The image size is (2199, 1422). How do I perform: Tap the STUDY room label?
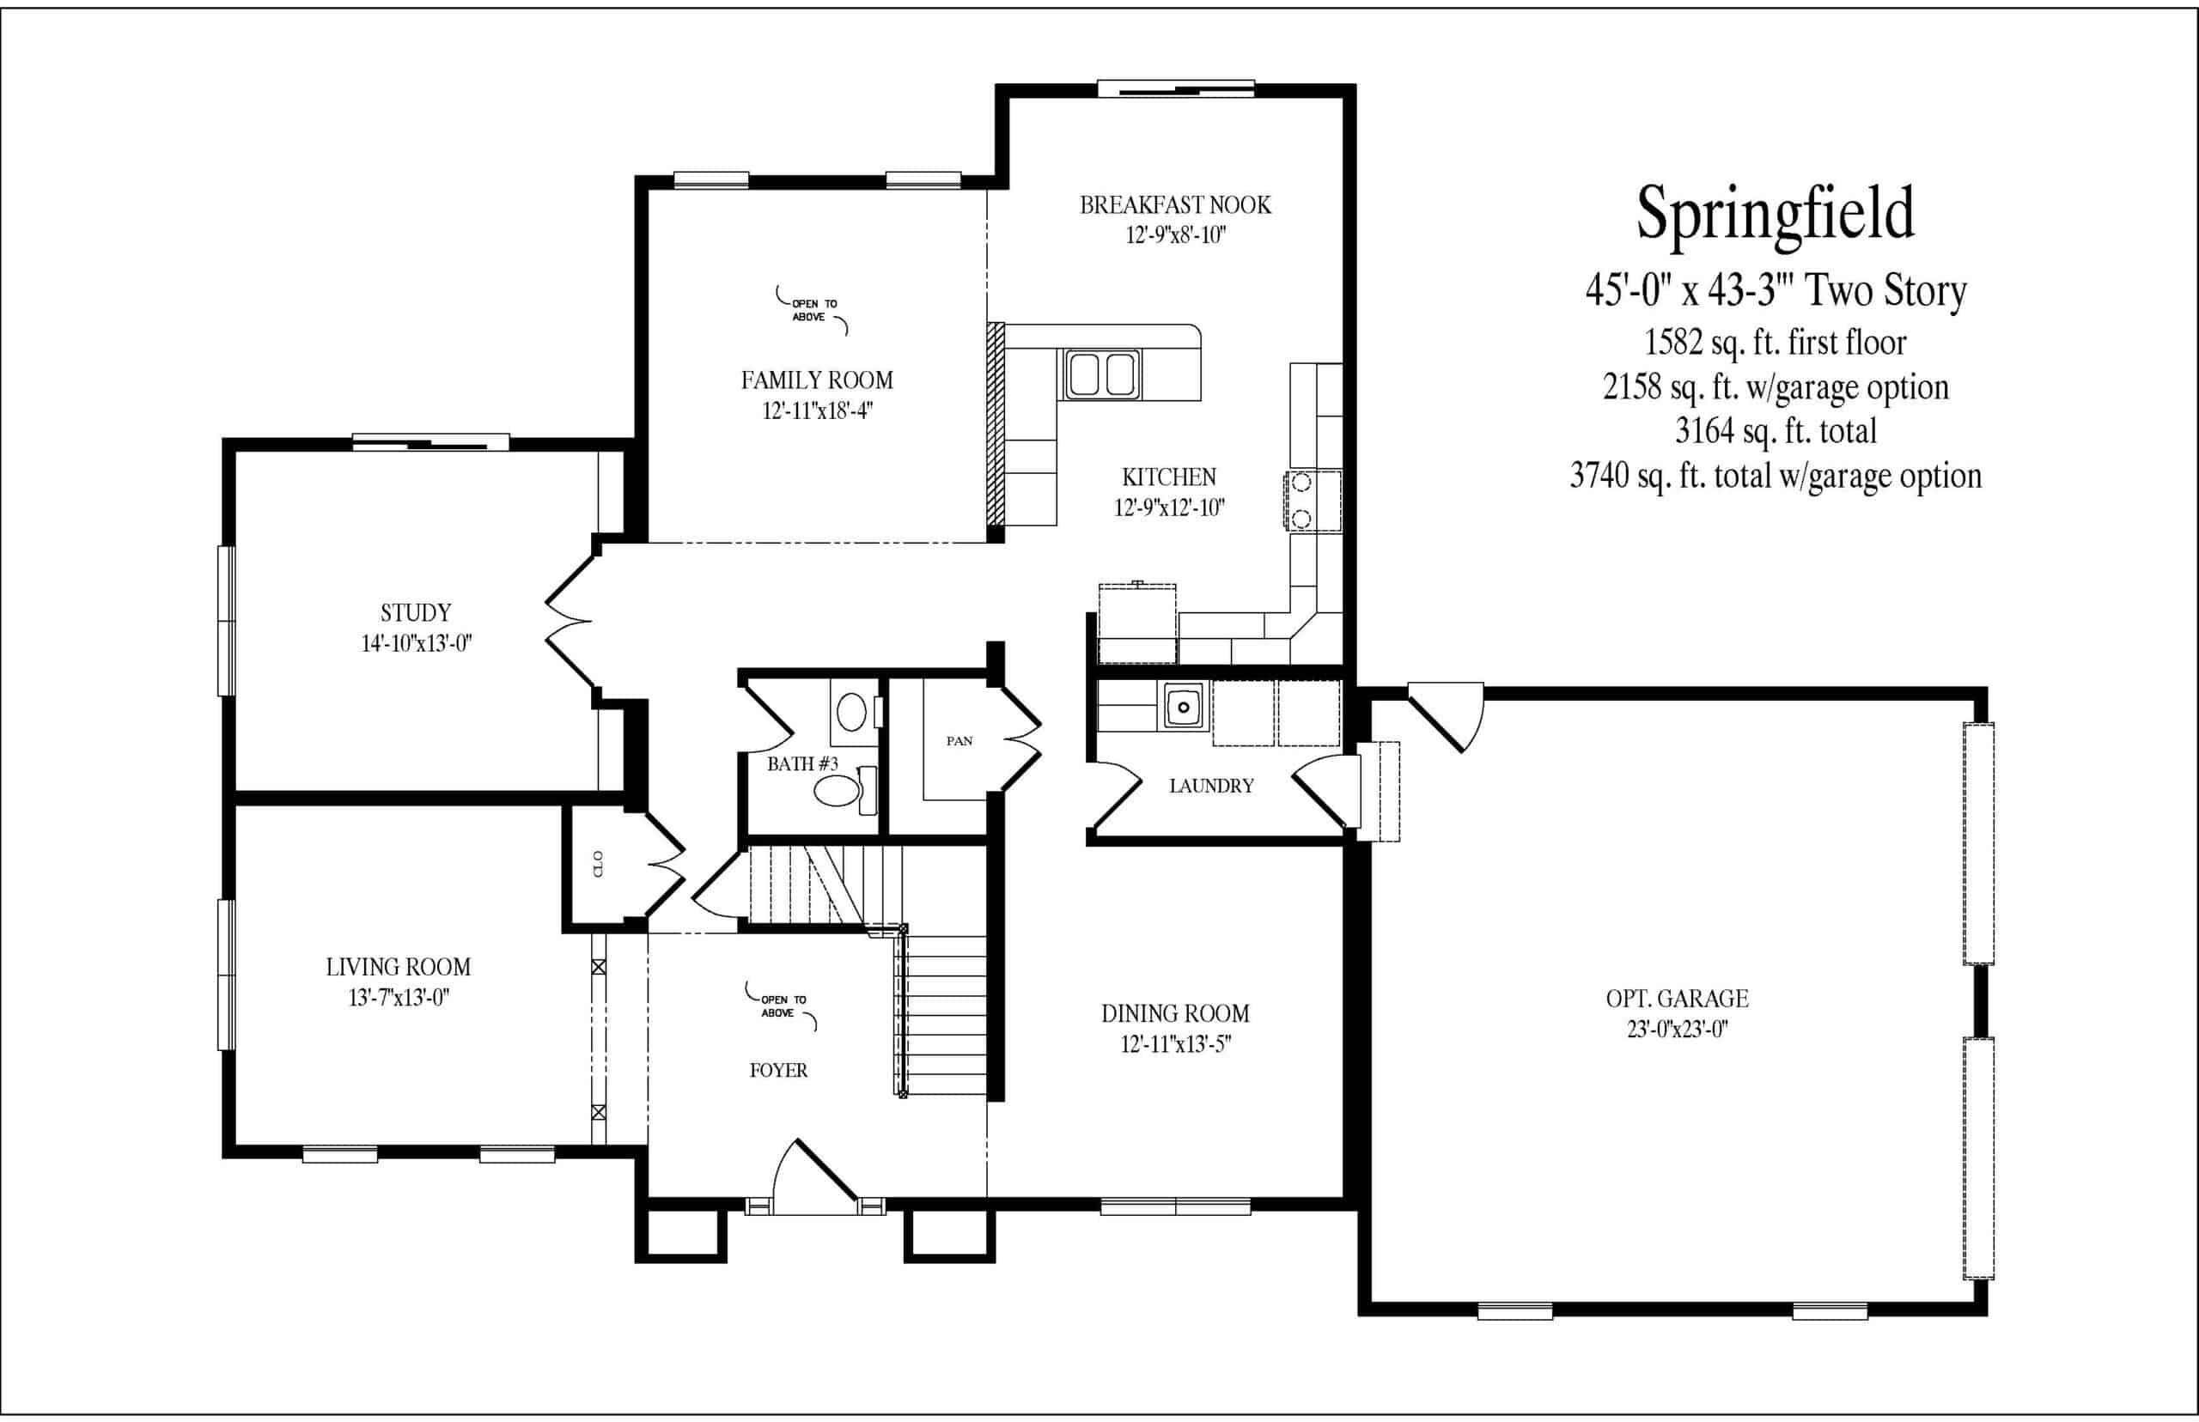(416, 613)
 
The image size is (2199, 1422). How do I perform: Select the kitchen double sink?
(1103, 374)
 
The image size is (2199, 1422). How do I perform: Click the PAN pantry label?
(959, 740)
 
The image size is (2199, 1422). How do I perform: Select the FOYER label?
(778, 1070)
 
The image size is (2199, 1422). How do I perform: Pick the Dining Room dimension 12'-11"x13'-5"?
(1176, 1044)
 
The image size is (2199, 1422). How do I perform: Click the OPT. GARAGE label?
(1678, 998)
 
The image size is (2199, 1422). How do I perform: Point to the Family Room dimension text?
(818, 410)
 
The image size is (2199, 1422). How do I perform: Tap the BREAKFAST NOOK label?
(1176, 205)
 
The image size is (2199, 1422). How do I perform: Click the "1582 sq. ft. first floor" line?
(1775, 343)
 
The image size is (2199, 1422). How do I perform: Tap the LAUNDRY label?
(1212, 786)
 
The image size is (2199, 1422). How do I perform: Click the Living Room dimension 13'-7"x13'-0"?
(399, 998)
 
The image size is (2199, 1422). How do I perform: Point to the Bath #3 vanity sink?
(851, 713)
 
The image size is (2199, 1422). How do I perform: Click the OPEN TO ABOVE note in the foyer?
(783, 1006)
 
